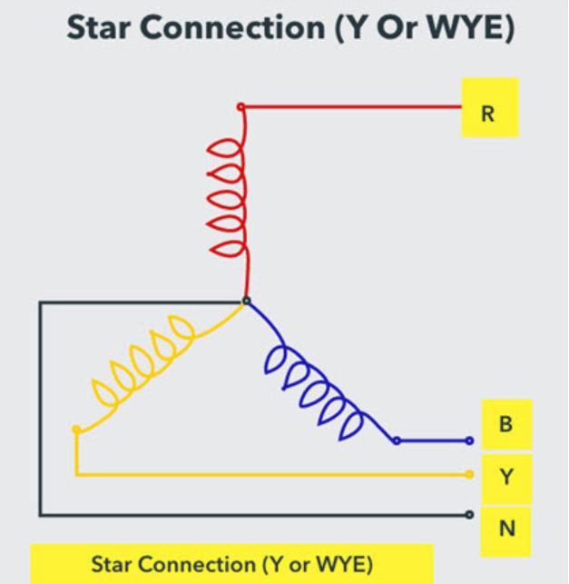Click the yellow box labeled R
(490, 107)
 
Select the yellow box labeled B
(507, 424)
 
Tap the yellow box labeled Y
(507, 479)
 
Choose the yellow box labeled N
(506, 531)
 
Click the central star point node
(246, 301)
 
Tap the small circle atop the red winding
(241, 107)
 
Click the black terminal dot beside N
(470, 515)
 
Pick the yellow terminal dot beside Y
(470, 474)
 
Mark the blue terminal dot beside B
(470, 441)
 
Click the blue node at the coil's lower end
(397, 441)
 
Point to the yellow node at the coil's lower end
(76, 430)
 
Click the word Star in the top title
(99, 28)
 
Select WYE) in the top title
(471, 28)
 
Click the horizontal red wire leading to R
(353, 107)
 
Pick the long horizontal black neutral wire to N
(253, 515)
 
